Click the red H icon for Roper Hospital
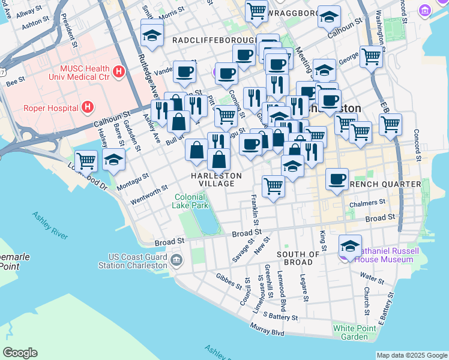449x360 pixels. click(x=88, y=108)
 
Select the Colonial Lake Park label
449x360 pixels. click(x=191, y=201)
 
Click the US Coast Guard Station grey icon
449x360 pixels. click(x=176, y=260)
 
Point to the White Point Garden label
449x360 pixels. click(x=351, y=332)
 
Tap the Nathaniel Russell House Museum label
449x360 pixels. click(x=384, y=256)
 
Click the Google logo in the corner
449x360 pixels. click(x=20, y=353)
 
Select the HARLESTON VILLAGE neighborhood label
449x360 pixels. click(x=216, y=179)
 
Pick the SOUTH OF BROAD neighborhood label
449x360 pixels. click(x=294, y=259)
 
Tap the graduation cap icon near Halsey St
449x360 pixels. click(x=113, y=160)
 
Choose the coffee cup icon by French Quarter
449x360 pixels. click(x=337, y=179)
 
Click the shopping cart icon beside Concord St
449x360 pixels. click(x=390, y=124)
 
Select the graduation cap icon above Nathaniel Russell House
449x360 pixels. click(x=350, y=245)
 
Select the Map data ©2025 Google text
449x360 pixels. click(x=412, y=355)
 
